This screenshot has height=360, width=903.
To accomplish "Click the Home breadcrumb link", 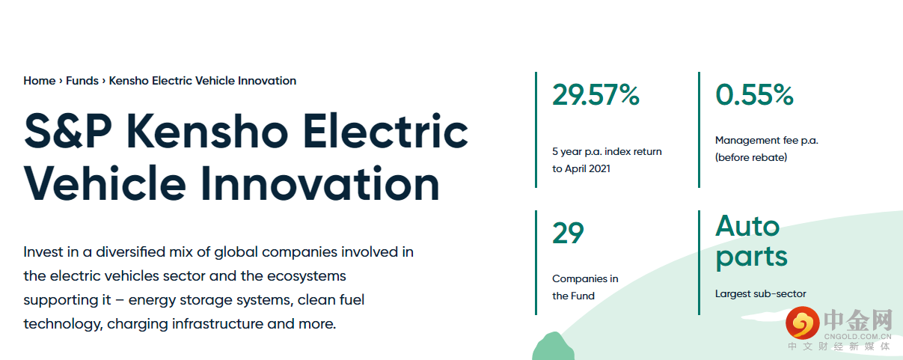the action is pyautogui.click(x=39, y=81).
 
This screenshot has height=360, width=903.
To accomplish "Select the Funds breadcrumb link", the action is pyautogui.click(x=82, y=81).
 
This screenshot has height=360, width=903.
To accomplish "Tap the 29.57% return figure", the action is pyautogui.click(x=596, y=95).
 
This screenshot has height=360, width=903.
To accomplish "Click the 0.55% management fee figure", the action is pyautogui.click(x=754, y=95).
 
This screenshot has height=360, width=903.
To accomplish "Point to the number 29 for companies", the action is pyautogui.click(x=568, y=233).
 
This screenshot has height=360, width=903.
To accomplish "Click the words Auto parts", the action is pyautogui.click(x=751, y=242).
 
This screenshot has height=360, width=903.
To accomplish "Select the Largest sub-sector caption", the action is pyautogui.click(x=760, y=294).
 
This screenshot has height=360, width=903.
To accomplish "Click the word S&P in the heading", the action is pyautogui.click(x=68, y=131).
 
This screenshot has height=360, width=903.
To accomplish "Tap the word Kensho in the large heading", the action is pyautogui.click(x=207, y=131).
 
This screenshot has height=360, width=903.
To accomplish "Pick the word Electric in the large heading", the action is pyautogui.click(x=385, y=130).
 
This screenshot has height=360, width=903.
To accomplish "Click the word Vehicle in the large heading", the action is pyautogui.click(x=105, y=183).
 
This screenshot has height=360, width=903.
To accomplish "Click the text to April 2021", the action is pyautogui.click(x=581, y=168).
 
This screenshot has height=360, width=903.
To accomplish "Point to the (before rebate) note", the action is pyautogui.click(x=751, y=157).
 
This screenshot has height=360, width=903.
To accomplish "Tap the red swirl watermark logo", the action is pyautogui.click(x=802, y=323).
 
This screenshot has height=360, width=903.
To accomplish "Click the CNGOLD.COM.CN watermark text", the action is pyautogui.click(x=857, y=337).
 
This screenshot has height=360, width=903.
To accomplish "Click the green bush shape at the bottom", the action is pyautogui.click(x=553, y=347).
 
